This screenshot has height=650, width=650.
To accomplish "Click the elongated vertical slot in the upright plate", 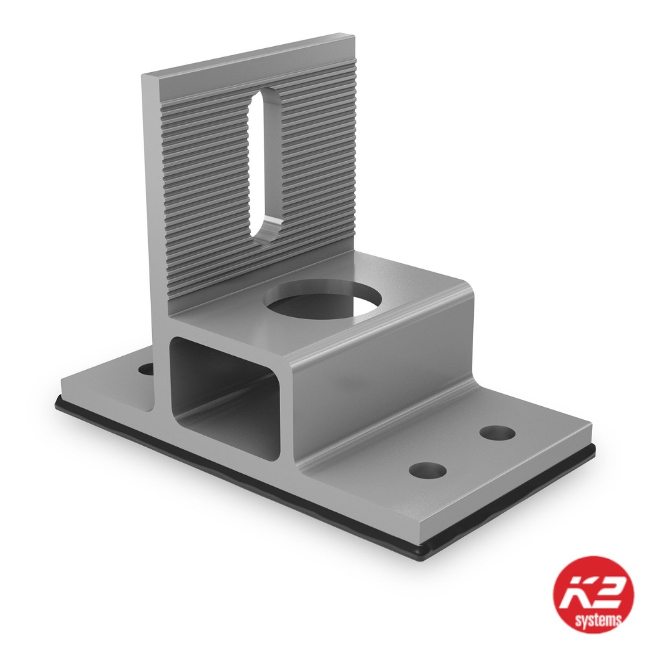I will click(265, 166).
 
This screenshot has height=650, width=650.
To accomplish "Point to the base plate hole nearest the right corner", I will click(497, 432).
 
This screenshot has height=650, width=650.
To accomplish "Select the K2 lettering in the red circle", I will click(592, 588).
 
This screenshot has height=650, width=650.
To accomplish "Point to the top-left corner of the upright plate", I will click(144, 75).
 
